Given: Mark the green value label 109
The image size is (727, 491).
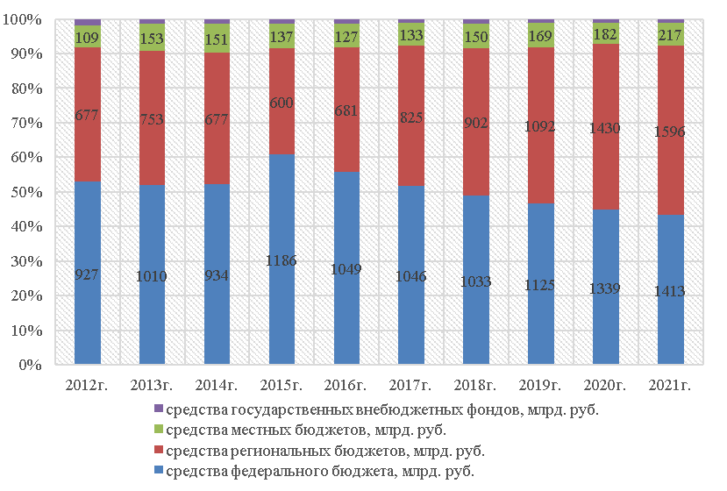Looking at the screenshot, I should tap(87, 38).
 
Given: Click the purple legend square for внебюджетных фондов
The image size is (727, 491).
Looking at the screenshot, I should tap(159, 409).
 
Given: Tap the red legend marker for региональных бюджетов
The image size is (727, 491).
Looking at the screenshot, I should tap(159, 452).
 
